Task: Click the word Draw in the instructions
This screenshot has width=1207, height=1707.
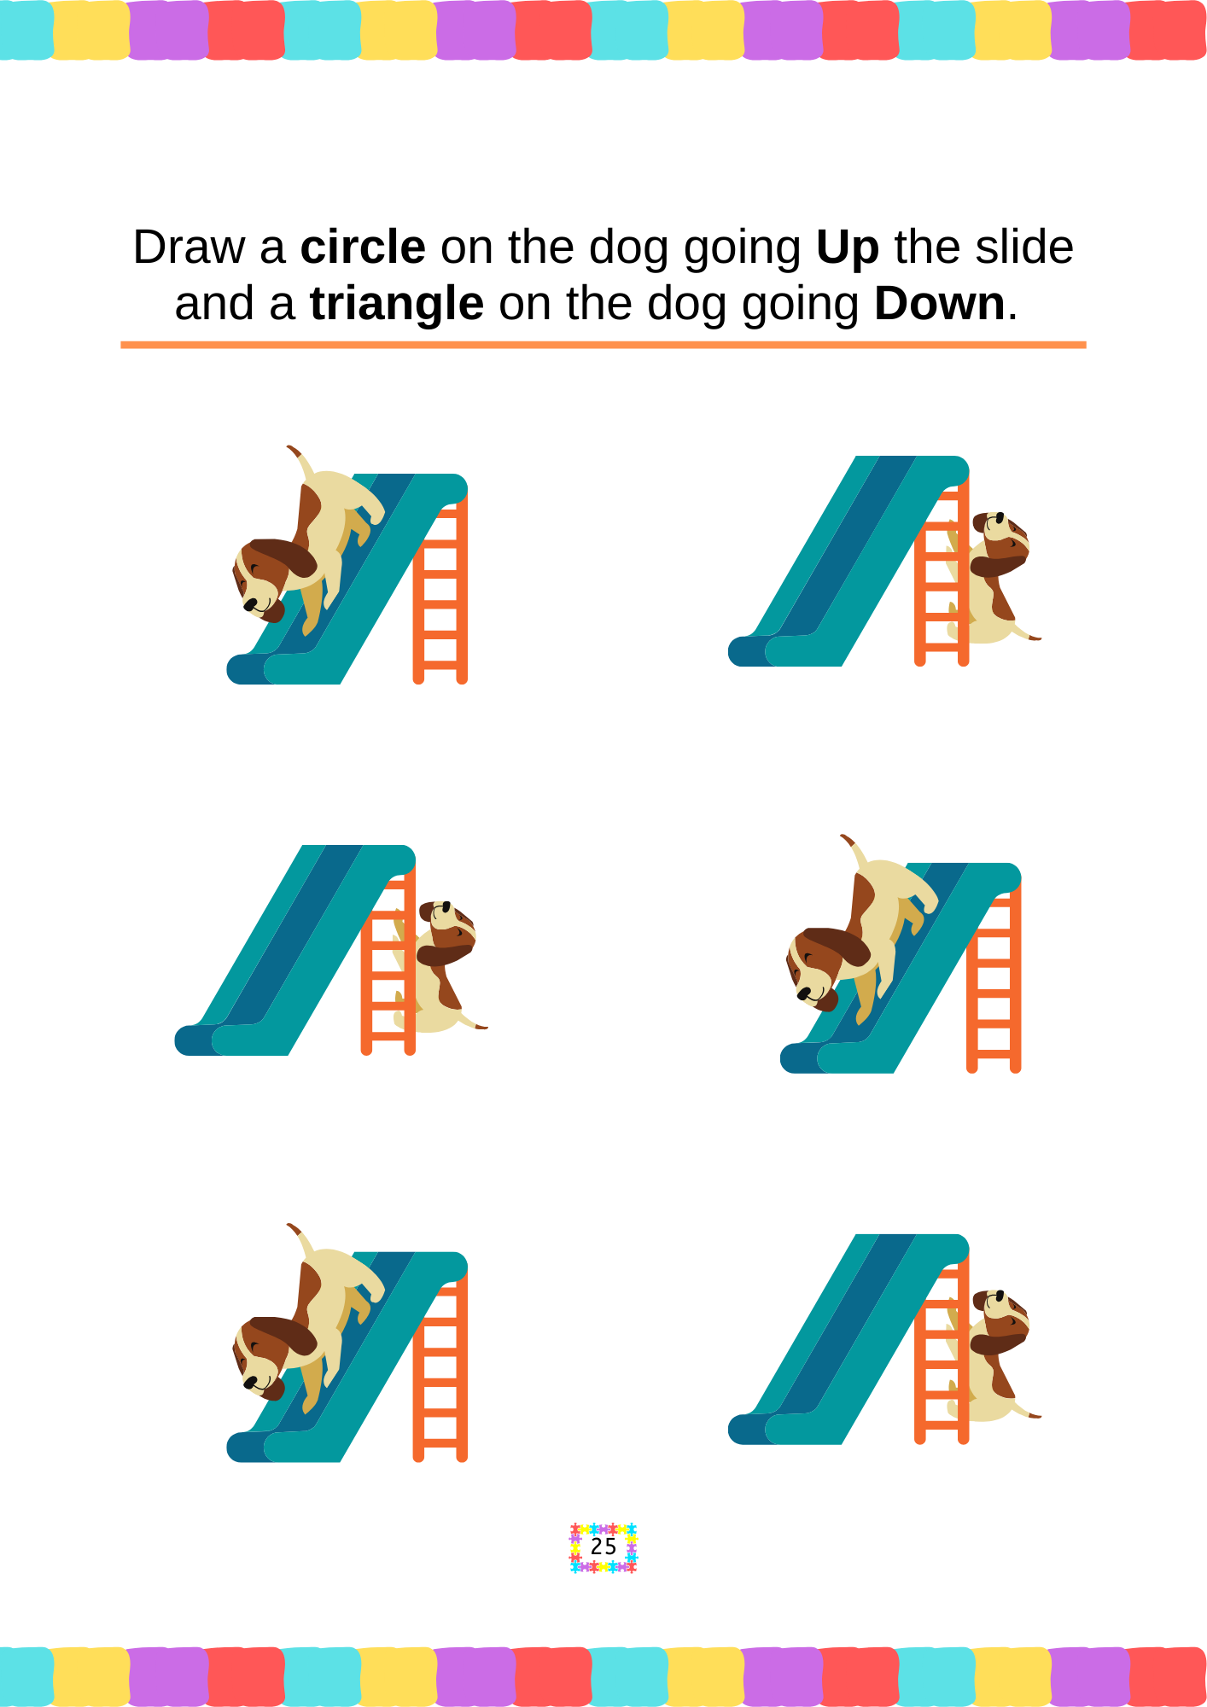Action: tap(189, 248)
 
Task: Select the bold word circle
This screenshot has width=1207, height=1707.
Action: tap(363, 248)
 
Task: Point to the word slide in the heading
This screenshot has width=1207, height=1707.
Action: tap(1024, 248)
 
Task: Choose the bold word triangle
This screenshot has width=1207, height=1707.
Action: tap(397, 305)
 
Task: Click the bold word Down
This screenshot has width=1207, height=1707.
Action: tap(940, 304)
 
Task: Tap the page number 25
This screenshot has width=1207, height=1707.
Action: tap(603, 1547)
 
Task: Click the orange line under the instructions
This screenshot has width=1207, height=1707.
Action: tap(603, 345)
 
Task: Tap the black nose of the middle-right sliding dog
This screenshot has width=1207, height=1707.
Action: tap(803, 993)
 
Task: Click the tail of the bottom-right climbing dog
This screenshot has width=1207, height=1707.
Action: tap(1027, 1410)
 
